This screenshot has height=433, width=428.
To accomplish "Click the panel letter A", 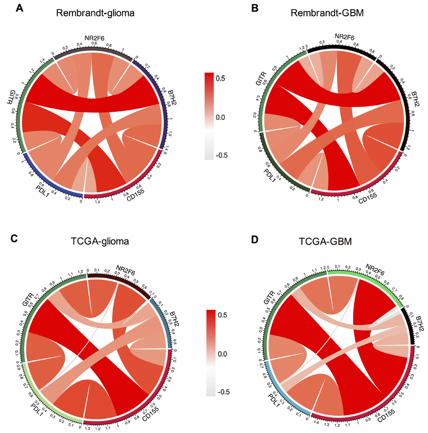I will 19,8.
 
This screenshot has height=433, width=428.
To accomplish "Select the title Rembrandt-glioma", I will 93,13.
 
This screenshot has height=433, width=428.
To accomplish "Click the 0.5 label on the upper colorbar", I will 222,78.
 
